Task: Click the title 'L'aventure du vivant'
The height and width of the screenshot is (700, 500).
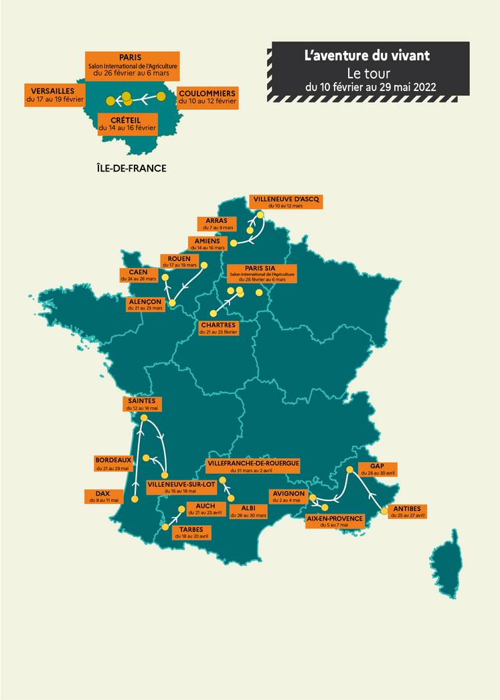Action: (x=367, y=54)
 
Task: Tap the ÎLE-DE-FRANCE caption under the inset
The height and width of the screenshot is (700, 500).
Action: (x=131, y=168)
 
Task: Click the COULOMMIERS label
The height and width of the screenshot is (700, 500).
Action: (x=207, y=96)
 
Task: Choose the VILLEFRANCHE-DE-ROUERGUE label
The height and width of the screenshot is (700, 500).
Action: (x=253, y=466)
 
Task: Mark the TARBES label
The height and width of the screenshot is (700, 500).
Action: (x=191, y=532)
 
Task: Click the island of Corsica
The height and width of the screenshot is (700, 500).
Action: (x=446, y=568)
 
